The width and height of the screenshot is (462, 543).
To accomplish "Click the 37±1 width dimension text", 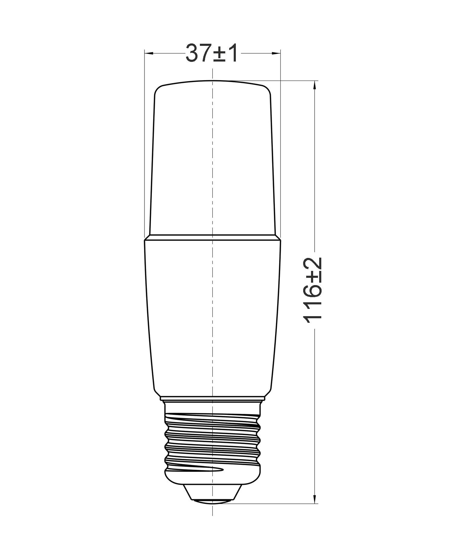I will pos(212,53).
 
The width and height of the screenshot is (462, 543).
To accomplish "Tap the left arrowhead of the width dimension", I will pos(149,53).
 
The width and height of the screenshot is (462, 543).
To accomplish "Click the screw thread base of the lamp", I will pos(213,440).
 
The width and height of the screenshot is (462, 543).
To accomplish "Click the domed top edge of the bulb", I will pos(213,81).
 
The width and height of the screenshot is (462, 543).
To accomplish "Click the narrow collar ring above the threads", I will pos(213,401).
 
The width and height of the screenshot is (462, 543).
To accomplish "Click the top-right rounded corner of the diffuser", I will pos(268,89).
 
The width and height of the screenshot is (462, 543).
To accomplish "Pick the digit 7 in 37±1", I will pos(205,53).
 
